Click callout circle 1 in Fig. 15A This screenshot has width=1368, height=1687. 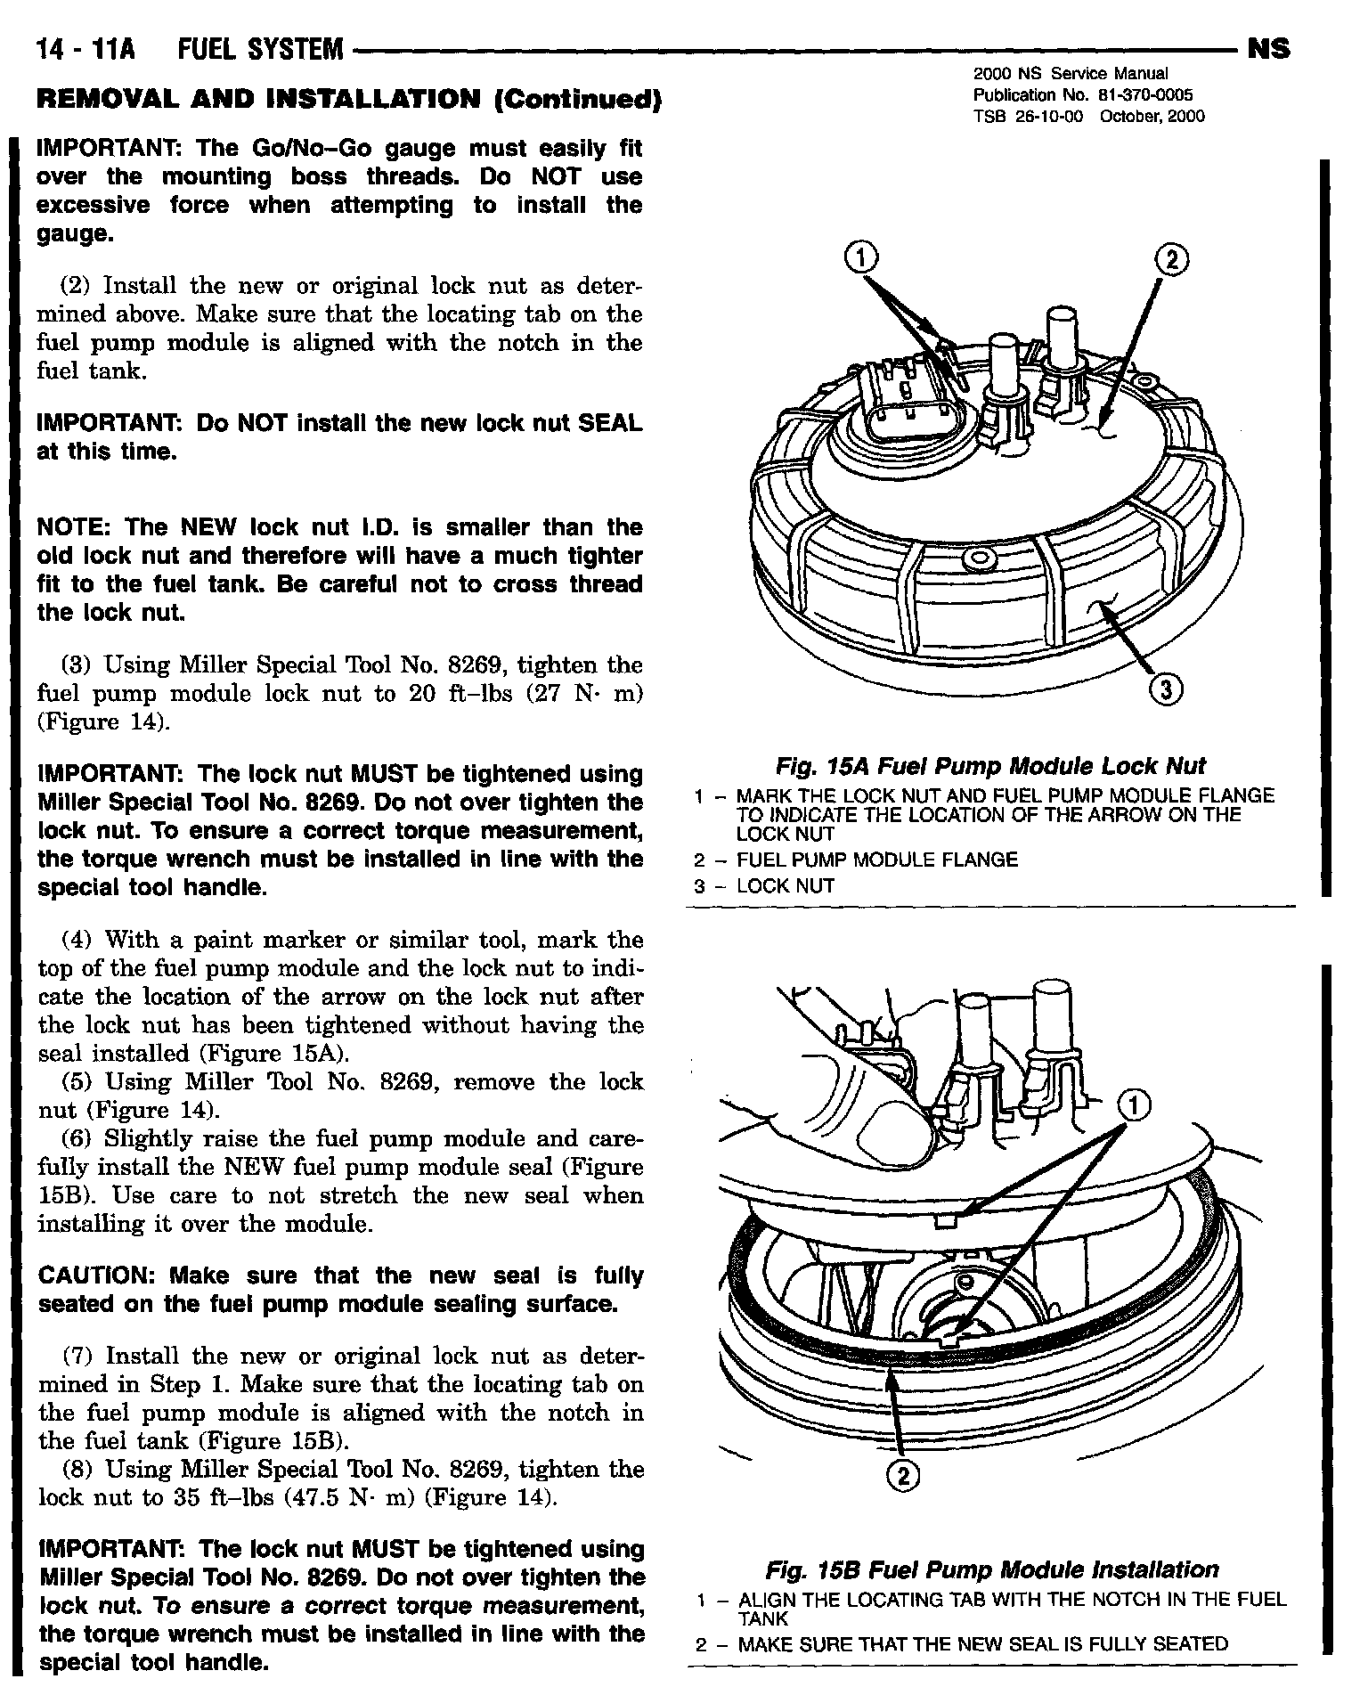tap(859, 258)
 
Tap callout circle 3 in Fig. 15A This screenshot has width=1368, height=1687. tap(1167, 688)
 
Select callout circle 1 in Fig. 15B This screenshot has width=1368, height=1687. tap(1132, 1107)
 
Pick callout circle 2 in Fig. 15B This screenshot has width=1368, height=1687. tap(904, 1476)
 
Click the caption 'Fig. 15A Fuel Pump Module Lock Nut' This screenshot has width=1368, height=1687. tap(990, 766)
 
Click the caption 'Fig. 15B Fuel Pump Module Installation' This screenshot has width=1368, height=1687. tap(991, 1569)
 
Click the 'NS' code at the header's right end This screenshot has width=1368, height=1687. tap(1269, 49)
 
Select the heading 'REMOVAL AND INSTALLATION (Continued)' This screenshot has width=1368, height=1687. tap(347, 99)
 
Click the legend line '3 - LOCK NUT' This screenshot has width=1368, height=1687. tap(764, 886)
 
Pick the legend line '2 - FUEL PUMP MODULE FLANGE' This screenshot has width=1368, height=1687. tap(855, 860)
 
